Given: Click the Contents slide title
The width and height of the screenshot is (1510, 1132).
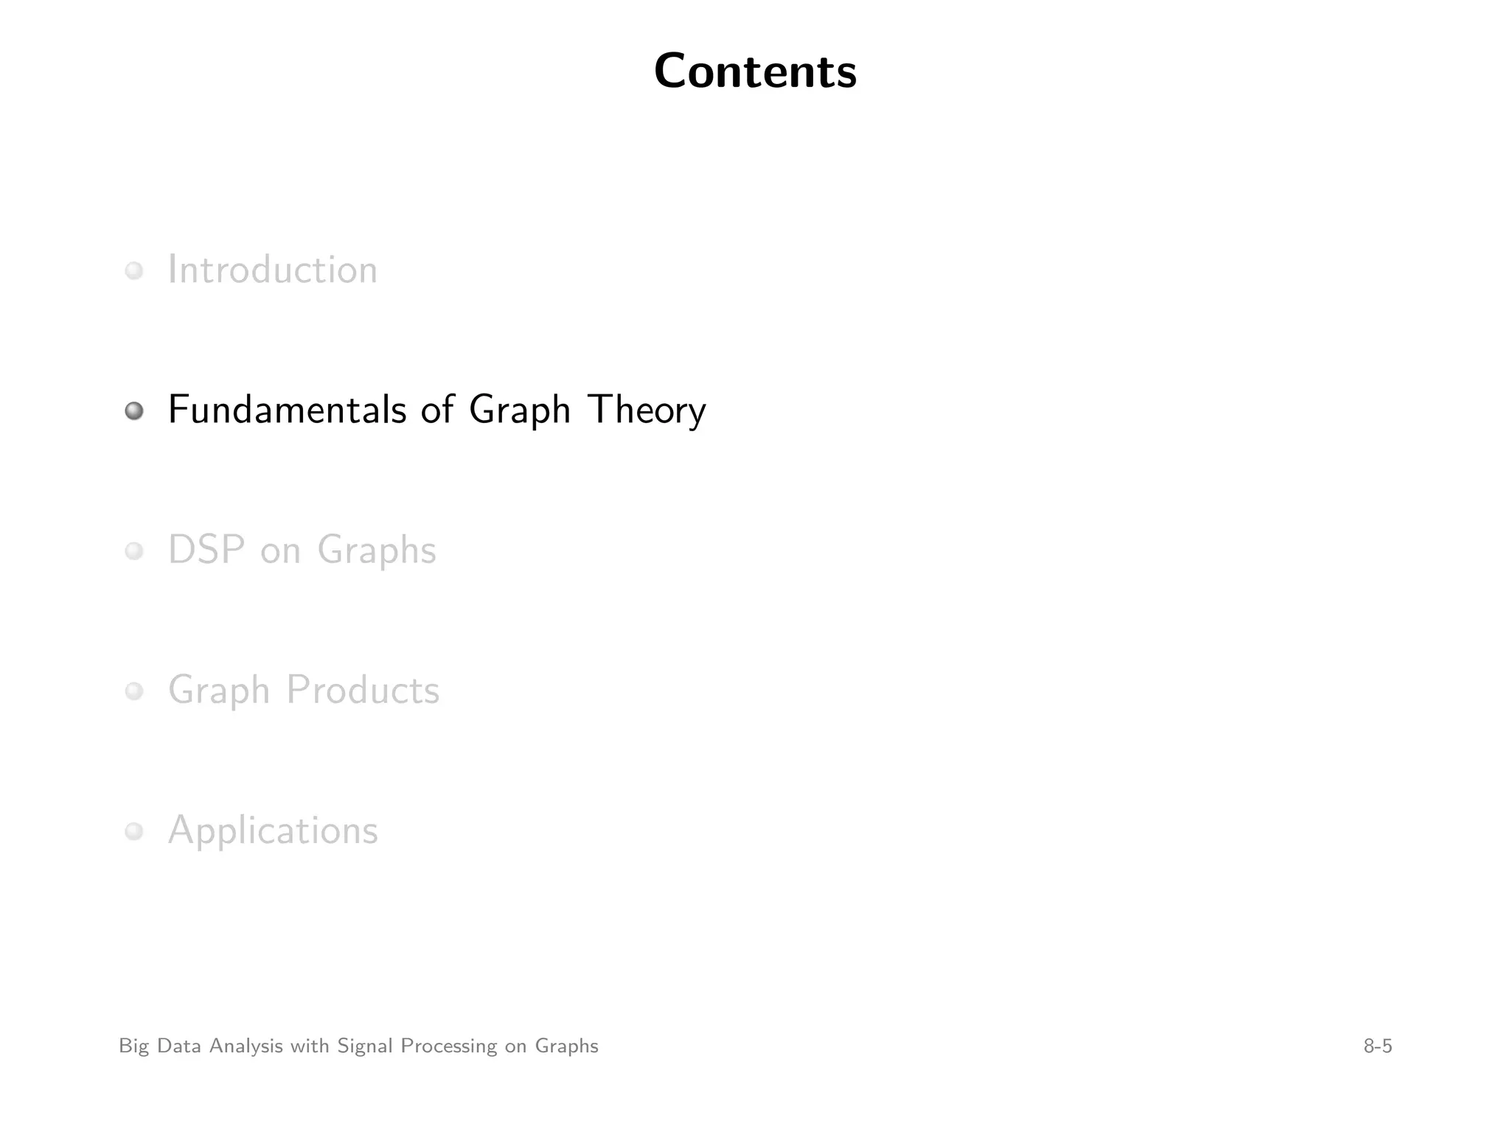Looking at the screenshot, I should [755, 71].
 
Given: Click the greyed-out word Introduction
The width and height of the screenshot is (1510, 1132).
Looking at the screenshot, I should [272, 270].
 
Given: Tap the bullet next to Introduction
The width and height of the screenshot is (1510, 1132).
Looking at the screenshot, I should [133, 270].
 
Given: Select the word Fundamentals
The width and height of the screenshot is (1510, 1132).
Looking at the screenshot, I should [287, 410].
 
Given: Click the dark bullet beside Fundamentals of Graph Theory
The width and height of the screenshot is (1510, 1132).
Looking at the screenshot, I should [133, 410].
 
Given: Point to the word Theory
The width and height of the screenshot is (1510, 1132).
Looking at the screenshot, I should [647, 411].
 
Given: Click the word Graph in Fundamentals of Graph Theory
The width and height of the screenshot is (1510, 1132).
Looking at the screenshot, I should [520, 411].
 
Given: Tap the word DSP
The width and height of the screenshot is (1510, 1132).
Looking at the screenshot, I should [206, 550].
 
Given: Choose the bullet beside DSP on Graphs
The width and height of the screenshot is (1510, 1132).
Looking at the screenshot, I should [133, 551].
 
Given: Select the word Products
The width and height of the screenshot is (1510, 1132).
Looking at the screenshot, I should [363, 691].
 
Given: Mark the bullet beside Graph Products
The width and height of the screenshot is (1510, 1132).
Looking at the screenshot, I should [133, 691].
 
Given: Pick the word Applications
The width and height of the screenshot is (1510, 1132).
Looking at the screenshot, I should [273, 831].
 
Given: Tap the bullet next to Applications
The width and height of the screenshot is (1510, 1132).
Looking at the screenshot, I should [133, 831].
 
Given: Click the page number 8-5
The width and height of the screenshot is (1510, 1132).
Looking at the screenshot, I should [1377, 1047].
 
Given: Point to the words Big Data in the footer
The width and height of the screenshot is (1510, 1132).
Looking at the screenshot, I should [160, 1047].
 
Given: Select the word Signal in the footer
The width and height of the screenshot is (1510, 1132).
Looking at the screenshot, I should [365, 1047].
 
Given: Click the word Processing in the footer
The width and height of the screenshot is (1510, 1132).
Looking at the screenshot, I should [448, 1047].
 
